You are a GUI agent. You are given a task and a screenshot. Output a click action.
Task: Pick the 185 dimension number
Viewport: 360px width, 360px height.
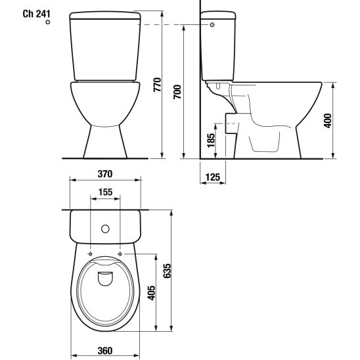[x=210, y=141]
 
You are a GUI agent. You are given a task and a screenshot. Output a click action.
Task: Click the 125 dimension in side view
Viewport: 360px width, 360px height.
[x=212, y=177]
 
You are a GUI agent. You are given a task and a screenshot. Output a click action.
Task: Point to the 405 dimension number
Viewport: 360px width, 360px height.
[x=151, y=292]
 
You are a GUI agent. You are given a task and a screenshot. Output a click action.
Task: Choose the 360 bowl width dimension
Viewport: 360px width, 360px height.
[x=104, y=350]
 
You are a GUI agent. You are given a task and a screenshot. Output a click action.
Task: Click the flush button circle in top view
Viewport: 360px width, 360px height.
[x=104, y=229]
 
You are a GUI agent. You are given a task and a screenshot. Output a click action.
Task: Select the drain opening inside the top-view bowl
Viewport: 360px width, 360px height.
[x=104, y=279]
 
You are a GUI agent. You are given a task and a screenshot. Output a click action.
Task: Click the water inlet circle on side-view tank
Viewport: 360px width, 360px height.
[x=212, y=24]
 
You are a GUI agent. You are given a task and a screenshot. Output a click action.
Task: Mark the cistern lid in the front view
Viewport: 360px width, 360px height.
[x=104, y=15]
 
